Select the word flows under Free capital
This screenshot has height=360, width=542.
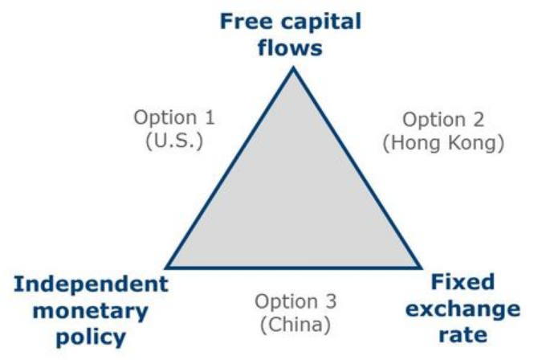coord(290,47)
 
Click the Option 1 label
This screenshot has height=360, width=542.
coord(174,117)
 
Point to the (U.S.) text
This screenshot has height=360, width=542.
coord(174,140)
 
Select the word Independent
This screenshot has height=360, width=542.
coord(91,284)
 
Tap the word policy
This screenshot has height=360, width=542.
coord(91,337)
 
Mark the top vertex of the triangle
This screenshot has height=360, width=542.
coord(293,68)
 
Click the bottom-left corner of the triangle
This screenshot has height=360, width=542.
coord(166,267)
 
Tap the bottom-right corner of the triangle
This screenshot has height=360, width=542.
coord(420,267)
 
